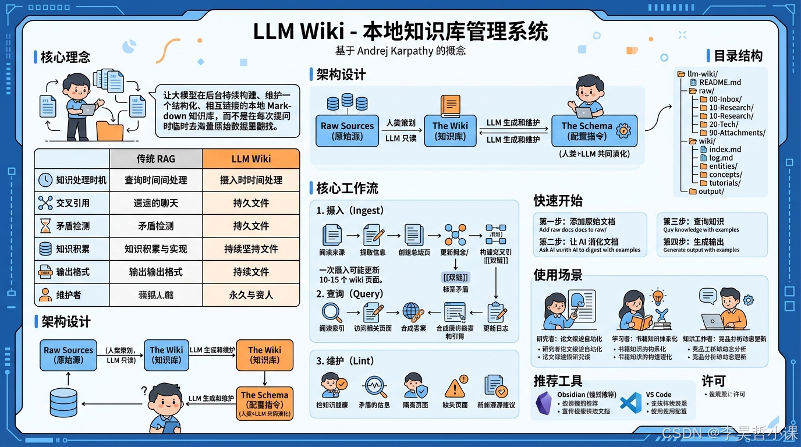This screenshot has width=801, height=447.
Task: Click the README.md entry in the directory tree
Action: coord(720,83)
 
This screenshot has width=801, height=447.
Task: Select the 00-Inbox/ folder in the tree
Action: coord(725,100)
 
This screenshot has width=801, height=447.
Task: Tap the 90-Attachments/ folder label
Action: coord(736,133)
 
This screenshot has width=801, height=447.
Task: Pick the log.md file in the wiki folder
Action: coord(721,158)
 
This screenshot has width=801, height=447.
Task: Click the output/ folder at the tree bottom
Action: coord(711,191)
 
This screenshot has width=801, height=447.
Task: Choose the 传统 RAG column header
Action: coord(155,159)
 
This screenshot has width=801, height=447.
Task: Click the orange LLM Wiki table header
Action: coord(251,159)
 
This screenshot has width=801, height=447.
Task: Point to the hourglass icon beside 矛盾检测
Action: coord(45,226)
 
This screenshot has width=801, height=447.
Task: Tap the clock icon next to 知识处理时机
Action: coord(45,180)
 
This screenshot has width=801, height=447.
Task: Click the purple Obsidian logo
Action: coord(544,403)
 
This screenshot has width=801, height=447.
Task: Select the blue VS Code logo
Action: coord(630,403)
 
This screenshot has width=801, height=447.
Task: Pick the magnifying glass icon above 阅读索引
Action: coord(332,312)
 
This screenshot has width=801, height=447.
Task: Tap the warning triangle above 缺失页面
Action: coord(455,385)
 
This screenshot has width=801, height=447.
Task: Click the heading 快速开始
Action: coord(558,201)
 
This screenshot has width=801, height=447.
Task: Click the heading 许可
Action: coord(713,381)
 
